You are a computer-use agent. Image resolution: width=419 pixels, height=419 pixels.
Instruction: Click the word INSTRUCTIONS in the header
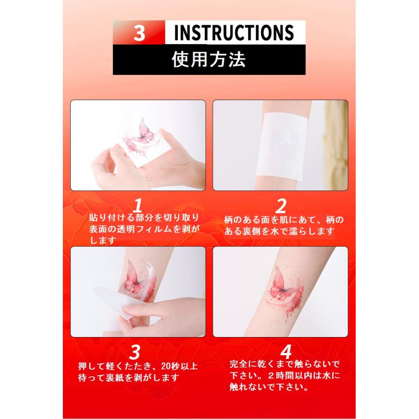tap(234, 33)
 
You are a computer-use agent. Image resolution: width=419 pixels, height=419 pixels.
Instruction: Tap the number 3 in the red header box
tap(139, 33)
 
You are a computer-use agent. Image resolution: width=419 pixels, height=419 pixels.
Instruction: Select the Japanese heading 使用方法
tap(209, 59)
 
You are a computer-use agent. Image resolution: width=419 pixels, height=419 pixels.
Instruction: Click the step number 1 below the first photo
tap(138, 206)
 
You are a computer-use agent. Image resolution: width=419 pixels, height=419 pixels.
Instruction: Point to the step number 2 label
tap(281, 206)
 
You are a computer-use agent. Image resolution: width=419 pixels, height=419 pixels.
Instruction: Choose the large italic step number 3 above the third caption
tap(135, 352)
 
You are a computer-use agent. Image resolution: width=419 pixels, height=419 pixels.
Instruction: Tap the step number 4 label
tap(286, 352)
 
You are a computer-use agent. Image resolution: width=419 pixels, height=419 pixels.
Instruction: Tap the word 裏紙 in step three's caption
tap(115, 378)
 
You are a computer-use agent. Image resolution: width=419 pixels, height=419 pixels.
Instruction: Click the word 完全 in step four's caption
tap(239, 364)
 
